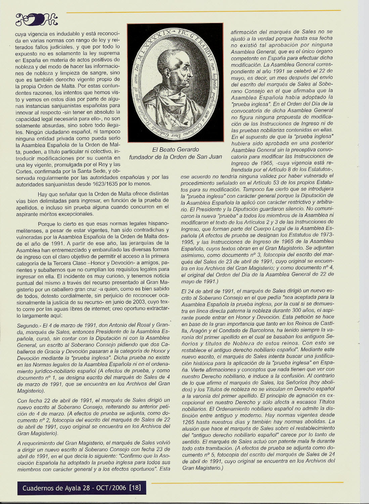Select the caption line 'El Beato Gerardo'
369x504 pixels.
[x=176, y=150]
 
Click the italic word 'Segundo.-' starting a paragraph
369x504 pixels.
[x=28, y=325]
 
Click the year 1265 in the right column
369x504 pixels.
[x=189, y=421]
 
